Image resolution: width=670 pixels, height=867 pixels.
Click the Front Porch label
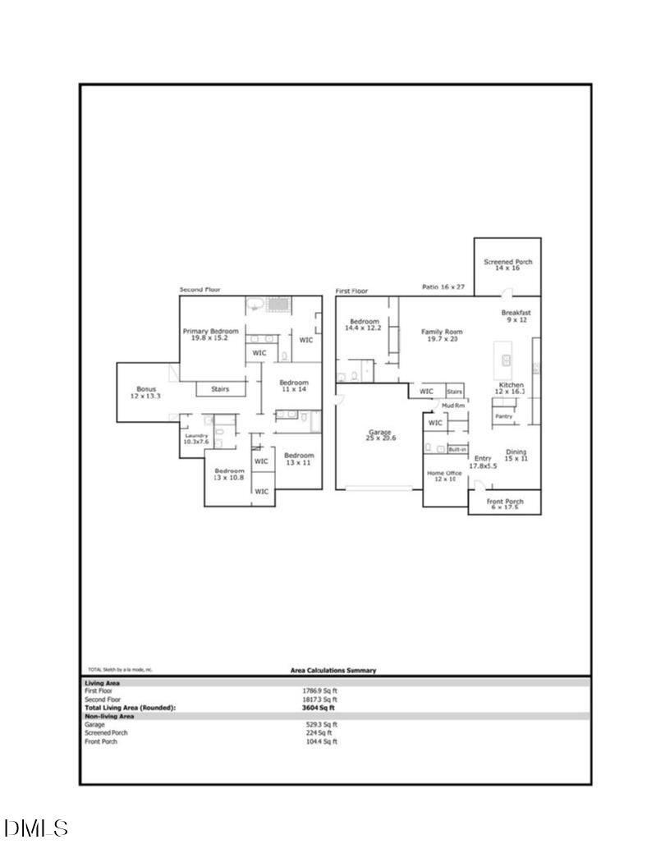click(x=505, y=503)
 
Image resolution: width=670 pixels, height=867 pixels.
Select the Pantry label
click(x=503, y=416)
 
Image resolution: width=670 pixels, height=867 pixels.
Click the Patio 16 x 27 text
click(x=443, y=287)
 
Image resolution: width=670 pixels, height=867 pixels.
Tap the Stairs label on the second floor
click(x=220, y=388)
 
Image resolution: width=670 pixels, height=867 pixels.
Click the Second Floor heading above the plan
click(x=200, y=290)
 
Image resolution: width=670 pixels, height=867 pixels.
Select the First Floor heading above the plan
click(x=351, y=291)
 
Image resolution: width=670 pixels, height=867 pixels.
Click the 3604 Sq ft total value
click(x=319, y=707)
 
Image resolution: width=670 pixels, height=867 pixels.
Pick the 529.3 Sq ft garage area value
click(x=321, y=724)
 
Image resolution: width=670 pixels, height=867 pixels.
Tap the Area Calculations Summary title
click(x=333, y=670)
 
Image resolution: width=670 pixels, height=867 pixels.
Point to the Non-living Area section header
click(x=110, y=716)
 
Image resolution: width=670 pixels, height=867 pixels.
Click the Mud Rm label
click(x=453, y=406)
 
